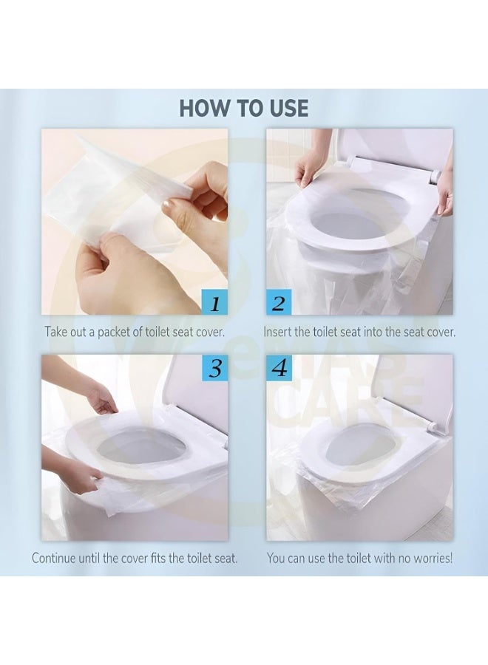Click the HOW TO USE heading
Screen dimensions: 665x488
point(243,108)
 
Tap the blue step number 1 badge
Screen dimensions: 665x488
point(214,303)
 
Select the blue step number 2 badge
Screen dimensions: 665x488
point(279,303)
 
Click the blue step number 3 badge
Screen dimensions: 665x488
point(214,367)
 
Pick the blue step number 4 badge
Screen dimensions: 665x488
point(279,367)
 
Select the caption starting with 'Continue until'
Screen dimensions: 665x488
point(134,558)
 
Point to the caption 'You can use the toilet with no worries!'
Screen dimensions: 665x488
point(359,558)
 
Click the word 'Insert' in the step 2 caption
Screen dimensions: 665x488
point(282,332)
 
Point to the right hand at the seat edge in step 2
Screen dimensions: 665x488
point(444,194)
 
